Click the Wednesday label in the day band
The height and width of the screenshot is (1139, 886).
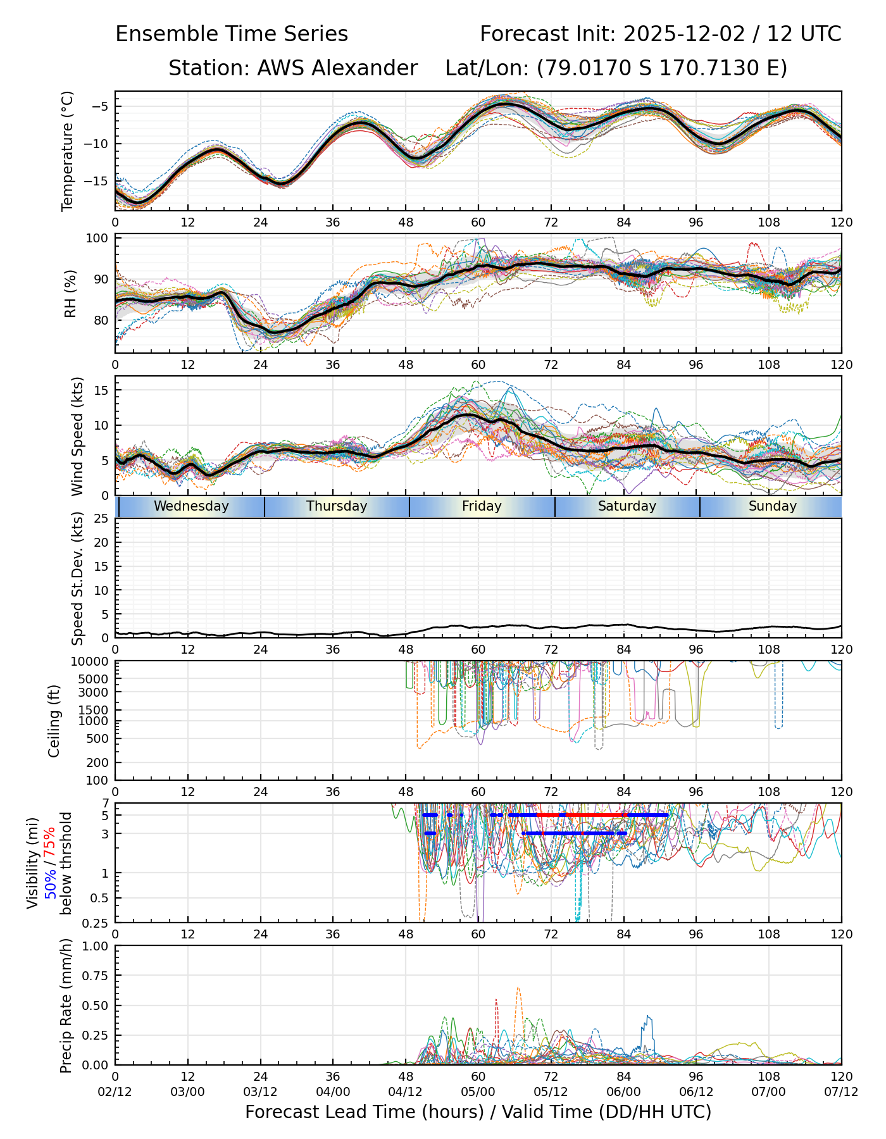click(x=191, y=506)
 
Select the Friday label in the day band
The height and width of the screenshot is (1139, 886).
click(x=482, y=506)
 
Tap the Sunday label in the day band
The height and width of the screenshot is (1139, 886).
click(x=772, y=506)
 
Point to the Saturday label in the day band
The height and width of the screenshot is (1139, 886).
click(x=627, y=506)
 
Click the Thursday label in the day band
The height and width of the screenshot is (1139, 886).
click(x=337, y=506)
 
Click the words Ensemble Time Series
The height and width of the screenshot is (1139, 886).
click(x=232, y=34)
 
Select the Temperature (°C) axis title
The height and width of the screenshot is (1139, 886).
click(x=68, y=151)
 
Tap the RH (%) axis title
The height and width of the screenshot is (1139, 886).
click(x=70, y=293)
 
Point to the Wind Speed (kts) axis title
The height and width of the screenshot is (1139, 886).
click(x=77, y=436)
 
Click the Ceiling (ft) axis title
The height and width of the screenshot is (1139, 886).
click(x=54, y=721)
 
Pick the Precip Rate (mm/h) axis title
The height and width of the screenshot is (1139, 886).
click(x=66, y=1005)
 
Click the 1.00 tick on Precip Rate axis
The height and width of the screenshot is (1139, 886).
click(x=95, y=947)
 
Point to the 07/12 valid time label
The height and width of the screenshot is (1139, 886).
click(x=841, y=1092)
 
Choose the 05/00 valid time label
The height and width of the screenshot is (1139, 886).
click(x=478, y=1092)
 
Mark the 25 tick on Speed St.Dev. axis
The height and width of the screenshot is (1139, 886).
click(x=101, y=519)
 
